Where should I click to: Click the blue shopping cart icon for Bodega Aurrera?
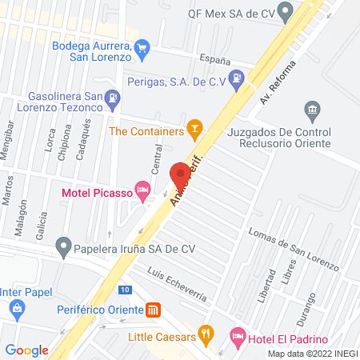[x=142, y=48]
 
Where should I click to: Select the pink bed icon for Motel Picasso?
[x=143, y=190]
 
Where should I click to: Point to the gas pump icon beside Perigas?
[x=237, y=78]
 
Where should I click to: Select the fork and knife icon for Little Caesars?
[x=206, y=333]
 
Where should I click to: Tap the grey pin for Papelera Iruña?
[x=62, y=245]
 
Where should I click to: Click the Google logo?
[x=27, y=350]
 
